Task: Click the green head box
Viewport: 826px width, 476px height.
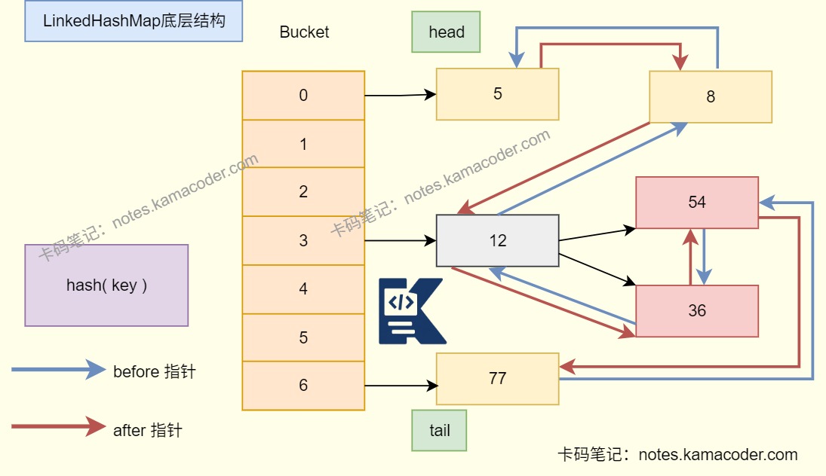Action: point(446,32)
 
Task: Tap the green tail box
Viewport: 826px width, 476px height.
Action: point(439,431)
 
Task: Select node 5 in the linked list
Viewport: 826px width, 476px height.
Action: point(497,94)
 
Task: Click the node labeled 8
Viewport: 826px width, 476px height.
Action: point(710,97)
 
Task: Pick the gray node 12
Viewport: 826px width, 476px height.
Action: point(497,241)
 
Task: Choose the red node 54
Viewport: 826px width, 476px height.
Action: point(696,203)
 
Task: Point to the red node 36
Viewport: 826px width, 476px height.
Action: point(696,310)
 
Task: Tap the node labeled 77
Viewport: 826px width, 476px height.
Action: point(497,378)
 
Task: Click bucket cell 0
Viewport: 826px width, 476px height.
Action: point(303,95)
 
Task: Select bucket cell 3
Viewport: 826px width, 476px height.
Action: point(303,241)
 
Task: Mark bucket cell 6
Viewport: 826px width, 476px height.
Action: point(303,385)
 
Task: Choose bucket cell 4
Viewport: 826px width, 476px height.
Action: point(303,289)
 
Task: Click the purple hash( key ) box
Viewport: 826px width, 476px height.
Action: point(106,285)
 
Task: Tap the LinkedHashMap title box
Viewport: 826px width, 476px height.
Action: point(134,21)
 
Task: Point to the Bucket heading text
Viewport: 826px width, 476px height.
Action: point(304,32)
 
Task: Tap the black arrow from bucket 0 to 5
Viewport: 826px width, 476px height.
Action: point(401,95)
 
